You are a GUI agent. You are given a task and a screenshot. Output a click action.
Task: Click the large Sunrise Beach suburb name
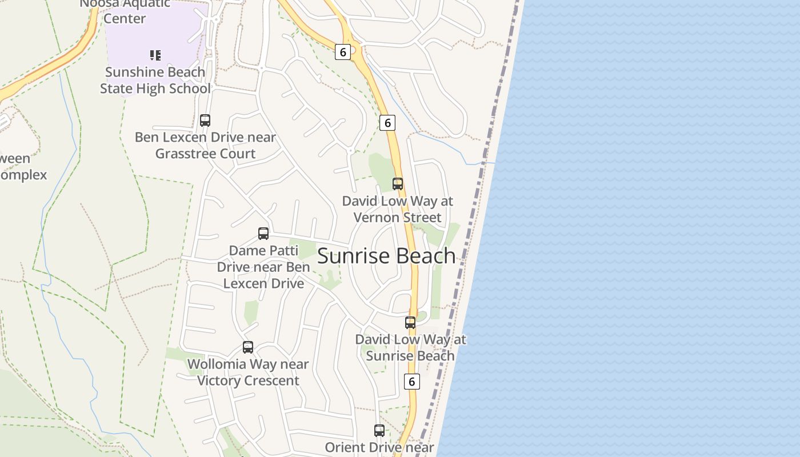(x=386, y=256)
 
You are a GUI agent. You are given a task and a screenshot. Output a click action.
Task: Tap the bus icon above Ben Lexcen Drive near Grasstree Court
(x=205, y=121)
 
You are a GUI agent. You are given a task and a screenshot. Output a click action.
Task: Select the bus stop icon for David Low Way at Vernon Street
(x=398, y=184)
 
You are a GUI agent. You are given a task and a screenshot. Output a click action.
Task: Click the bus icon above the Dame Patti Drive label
(x=263, y=234)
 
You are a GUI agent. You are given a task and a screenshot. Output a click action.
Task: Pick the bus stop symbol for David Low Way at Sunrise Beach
(x=410, y=323)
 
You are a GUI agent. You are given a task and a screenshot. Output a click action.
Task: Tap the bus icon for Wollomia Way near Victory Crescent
(x=248, y=347)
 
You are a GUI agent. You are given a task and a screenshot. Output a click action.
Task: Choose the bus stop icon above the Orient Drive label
(x=379, y=431)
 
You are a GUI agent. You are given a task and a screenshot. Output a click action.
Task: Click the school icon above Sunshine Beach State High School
(x=155, y=55)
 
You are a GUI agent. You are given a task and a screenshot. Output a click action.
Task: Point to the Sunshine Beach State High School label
(x=155, y=80)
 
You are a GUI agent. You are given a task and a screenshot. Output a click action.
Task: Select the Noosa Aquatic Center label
(x=125, y=11)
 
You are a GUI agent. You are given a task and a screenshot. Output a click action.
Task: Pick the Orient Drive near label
(x=379, y=447)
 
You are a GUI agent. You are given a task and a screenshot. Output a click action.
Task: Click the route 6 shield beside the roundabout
(x=342, y=53)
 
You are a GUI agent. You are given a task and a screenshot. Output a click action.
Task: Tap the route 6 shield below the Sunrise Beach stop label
(x=411, y=382)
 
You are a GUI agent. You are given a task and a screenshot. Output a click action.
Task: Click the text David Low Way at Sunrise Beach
(x=410, y=347)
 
